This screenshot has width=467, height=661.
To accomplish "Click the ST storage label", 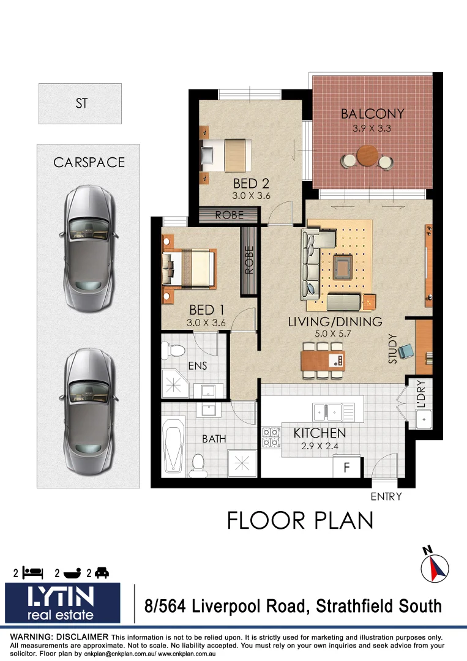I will [x=81, y=103].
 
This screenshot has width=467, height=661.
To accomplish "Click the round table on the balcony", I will [x=367, y=156].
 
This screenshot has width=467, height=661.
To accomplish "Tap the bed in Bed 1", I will [x=190, y=267].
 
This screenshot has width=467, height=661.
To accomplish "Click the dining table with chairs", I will [x=323, y=360].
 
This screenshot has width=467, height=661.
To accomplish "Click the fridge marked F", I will [x=346, y=468].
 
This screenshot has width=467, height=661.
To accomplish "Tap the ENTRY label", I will [x=386, y=496].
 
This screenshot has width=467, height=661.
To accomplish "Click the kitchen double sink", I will [x=333, y=411].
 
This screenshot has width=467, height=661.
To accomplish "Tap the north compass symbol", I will [x=435, y=566].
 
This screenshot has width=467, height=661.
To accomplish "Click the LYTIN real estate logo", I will [x=62, y=603].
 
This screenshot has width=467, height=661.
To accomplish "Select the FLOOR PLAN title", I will [x=300, y=520].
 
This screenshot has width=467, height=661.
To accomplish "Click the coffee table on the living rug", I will [x=342, y=267].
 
